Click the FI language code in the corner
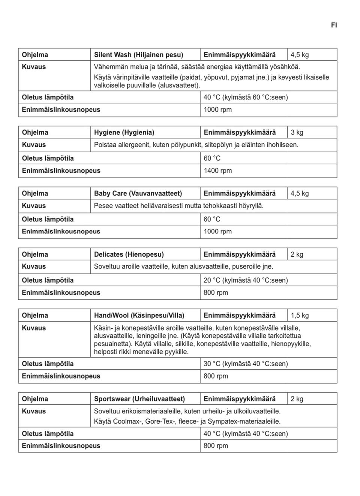(334, 25)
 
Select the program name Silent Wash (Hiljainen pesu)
(138, 55)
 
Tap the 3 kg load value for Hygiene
(297, 132)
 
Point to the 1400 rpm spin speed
(217, 171)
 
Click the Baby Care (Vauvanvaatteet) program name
(138, 194)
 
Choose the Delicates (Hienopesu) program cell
(129, 254)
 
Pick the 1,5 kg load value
(300, 316)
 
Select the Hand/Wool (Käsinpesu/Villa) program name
(139, 316)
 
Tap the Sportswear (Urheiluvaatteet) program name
(139, 399)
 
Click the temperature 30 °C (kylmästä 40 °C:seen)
(246, 364)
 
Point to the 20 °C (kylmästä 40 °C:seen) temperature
(246, 280)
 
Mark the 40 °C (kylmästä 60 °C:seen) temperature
(246, 98)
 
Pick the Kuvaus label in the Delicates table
(34, 267)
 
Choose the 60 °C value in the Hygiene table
(212, 158)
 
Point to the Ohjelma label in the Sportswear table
(35, 399)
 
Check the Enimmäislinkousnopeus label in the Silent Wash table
(61, 110)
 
